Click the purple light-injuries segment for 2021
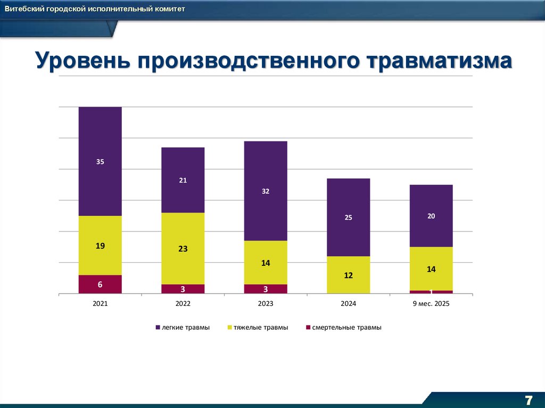coord(100,161)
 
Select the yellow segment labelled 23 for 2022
coord(183,248)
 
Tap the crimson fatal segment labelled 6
coord(100,284)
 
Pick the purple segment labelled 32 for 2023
coord(266,191)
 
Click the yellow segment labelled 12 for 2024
coord(348,275)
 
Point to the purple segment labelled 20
coord(431,215)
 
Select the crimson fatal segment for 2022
coord(183,289)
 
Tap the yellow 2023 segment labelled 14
coord(266,263)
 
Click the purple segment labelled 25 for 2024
coord(348,217)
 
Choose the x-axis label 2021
coord(100,304)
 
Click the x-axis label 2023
coord(266,304)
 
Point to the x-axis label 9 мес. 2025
coord(431,304)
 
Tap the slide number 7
coord(529,400)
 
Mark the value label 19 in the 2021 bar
coord(100,246)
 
